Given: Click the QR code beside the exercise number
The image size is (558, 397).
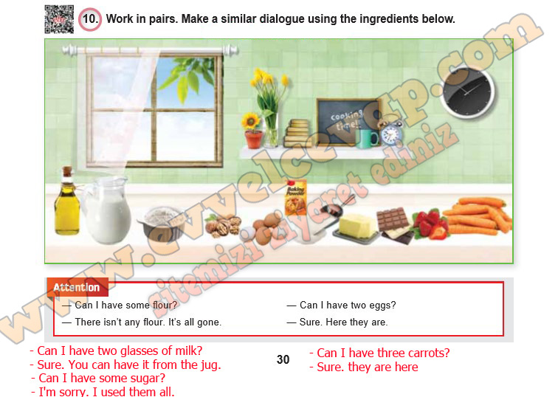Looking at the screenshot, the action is pos(59,19).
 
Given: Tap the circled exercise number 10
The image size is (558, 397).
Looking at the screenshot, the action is pos(90,19).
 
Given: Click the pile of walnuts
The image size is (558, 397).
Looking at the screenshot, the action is pos(224,226).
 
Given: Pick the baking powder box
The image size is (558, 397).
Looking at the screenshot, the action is pos(296,198).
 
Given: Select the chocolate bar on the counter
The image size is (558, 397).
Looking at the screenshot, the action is pos(394,225).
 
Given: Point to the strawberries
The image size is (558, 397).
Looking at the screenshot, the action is pos(430,224).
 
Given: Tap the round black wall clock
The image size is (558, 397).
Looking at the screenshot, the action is pos(467,92).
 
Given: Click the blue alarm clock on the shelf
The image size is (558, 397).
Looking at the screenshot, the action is pos(390,134).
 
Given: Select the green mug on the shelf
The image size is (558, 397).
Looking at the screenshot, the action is pos(367,139).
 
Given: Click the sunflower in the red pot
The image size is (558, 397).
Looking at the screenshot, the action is pos(252,131).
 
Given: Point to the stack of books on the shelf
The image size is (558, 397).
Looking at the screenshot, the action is pos(298,133).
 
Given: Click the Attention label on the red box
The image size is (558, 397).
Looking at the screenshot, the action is pos(77,288).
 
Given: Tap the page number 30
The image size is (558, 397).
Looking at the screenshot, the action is pos(283,359).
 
